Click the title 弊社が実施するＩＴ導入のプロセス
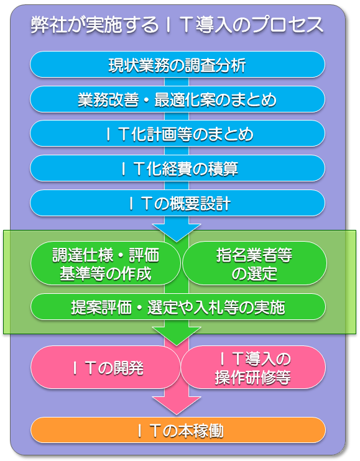coord(177,25)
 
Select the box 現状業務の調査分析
coord(177,65)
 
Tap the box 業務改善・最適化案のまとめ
coord(177,99)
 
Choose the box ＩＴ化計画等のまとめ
coord(177,134)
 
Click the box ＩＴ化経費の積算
coord(177,168)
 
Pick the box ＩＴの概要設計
coord(177,203)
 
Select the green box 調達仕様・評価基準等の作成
coord(106,263)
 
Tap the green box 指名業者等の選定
coord(254,263)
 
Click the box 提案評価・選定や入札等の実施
coord(178,307)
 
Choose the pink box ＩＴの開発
coord(106,368)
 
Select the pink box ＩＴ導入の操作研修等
coord(253,368)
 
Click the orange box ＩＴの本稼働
coord(178,430)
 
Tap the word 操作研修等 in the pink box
coord(253,377)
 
